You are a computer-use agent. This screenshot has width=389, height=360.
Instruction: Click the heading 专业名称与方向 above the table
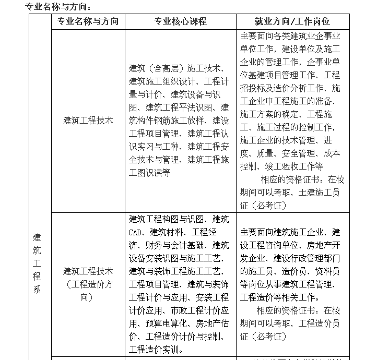pos(58,7)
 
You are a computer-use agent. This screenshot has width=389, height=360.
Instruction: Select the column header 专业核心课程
pos(180,22)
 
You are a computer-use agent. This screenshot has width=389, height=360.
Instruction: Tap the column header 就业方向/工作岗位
pos(292,22)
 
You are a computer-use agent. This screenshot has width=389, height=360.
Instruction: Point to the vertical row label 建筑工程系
pos(37,263)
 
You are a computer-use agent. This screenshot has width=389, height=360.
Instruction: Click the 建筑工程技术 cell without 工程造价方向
pos(88,120)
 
